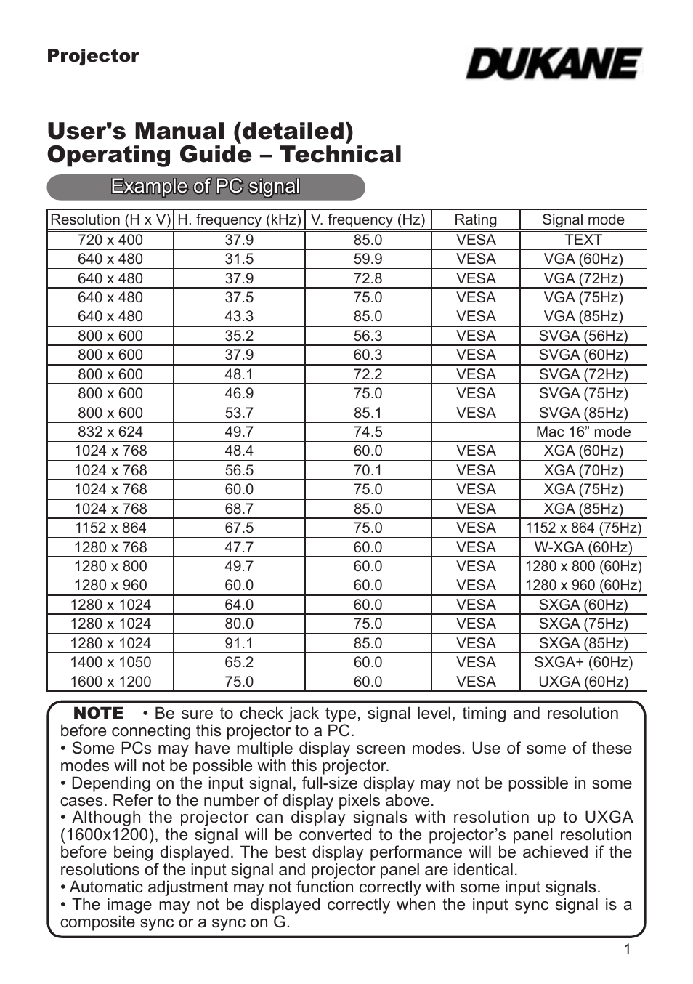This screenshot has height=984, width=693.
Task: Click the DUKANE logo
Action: pyautogui.click(x=554, y=64)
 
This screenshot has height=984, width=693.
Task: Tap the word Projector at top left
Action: pyautogui.click(x=92, y=56)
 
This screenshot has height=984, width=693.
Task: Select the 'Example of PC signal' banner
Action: pyautogui.click(x=206, y=187)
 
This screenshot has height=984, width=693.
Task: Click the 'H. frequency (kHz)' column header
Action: pyautogui.click(x=239, y=219)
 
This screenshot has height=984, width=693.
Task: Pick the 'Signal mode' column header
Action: pyautogui.click(x=583, y=219)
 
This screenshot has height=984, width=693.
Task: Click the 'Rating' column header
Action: pyautogui.click(x=476, y=219)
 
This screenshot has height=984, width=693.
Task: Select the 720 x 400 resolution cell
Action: pyautogui.click(x=110, y=240)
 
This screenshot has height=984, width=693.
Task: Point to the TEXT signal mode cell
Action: pyautogui.click(x=583, y=240)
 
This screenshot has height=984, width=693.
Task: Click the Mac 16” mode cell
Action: pyautogui.click(x=583, y=432)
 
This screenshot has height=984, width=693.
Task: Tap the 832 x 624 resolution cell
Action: pyautogui.click(x=110, y=432)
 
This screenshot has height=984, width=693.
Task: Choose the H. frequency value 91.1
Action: pyautogui.click(x=239, y=643)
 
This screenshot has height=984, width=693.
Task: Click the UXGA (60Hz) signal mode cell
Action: pyautogui.click(x=583, y=682)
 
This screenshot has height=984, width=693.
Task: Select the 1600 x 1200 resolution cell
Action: pyautogui.click(x=110, y=682)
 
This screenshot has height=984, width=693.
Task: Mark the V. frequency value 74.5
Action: pyautogui.click(x=368, y=432)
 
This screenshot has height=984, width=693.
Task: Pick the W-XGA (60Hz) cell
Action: pyautogui.click(x=583, y=547)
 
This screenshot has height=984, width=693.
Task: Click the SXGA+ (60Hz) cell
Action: pyautogui.click(x=583, y=662)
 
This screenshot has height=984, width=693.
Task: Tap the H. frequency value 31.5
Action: pyautogui.click(x=239, y=259)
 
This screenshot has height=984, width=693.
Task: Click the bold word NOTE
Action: pyautogui.click(x=99, y=713)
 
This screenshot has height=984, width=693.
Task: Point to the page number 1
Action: pyautogui.click(x=628, y=950)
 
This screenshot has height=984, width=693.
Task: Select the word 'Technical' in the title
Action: pyautogui.click(x=341, y=155)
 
